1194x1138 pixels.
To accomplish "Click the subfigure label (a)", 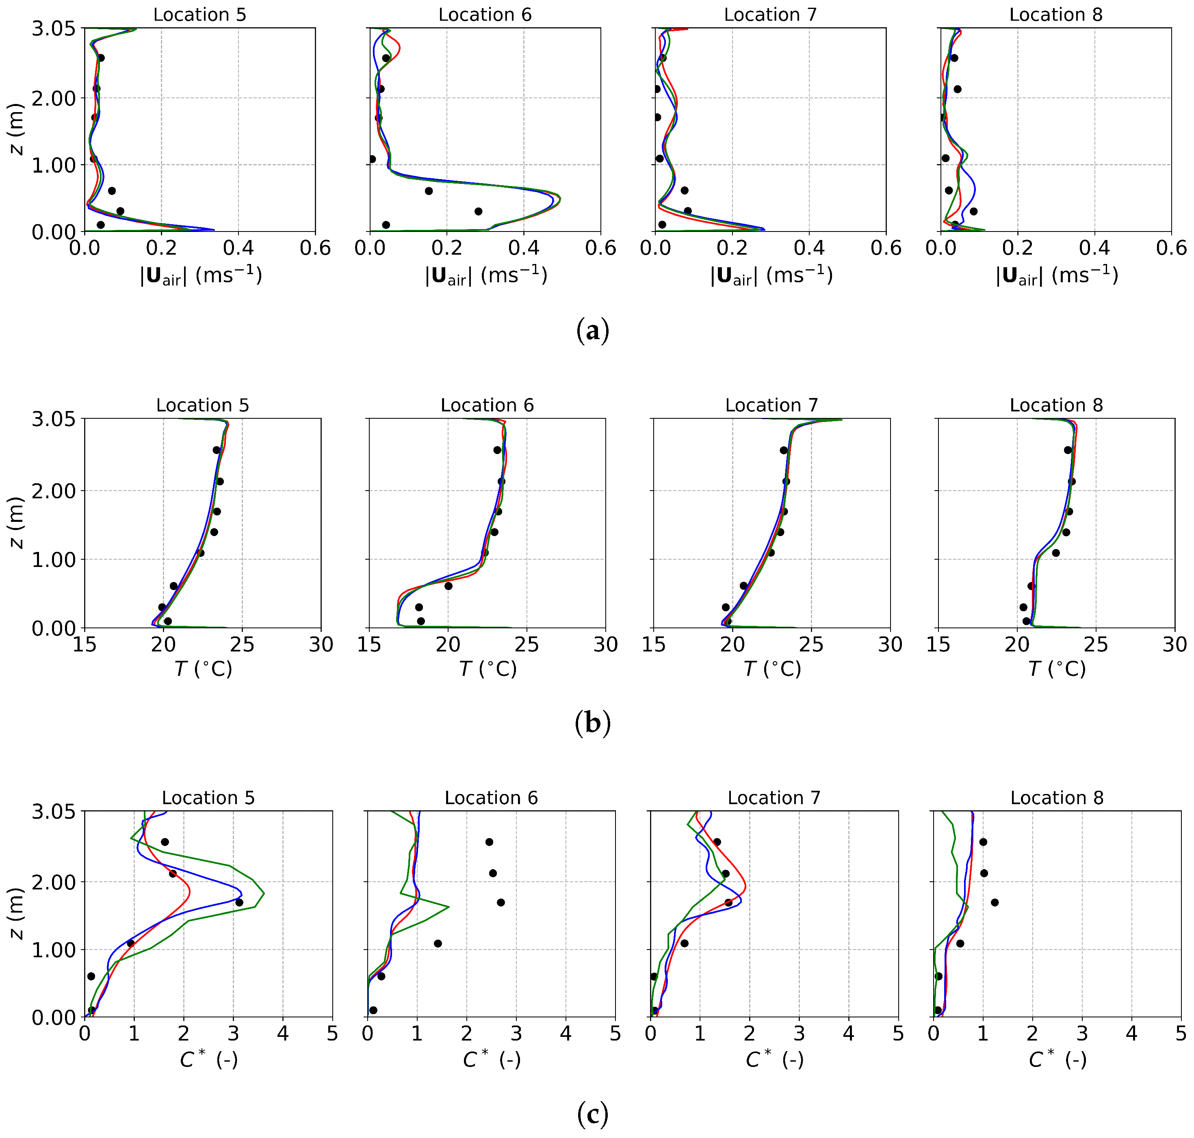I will coord(592,331).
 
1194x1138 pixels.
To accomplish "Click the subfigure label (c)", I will coord(592,1114).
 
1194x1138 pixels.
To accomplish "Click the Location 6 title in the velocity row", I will coord(485,15).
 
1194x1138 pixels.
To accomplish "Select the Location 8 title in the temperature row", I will coord(1056,405).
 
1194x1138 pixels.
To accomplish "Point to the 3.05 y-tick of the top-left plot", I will coord(53,28).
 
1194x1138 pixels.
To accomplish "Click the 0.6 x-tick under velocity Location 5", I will coord(315,248).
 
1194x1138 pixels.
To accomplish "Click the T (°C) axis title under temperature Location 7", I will coord(772,669).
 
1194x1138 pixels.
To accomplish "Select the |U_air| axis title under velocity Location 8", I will coord(1056,276).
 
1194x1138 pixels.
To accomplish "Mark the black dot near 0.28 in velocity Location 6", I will coord(478,211).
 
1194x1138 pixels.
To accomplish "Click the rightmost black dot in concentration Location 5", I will coord(239,902).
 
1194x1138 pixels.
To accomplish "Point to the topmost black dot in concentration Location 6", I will coord(489,842).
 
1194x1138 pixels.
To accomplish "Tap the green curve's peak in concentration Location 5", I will coord(264,893).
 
